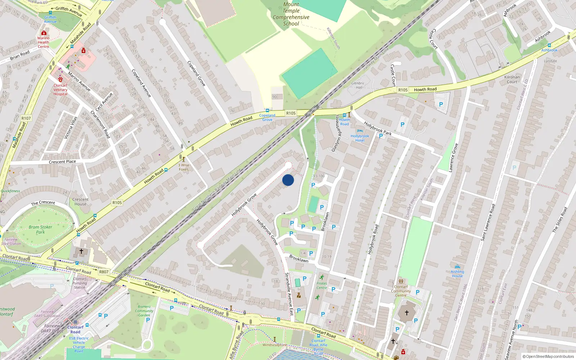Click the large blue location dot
tap(288, 180)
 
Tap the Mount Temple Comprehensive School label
tap(291, 14)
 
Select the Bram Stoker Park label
tap(40, 230)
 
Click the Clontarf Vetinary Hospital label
tap(60, 90)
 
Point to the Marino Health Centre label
tap(43, 42)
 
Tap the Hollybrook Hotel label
tap(360, 138)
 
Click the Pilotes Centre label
tap(321, 285)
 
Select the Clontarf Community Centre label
tap(401, 291)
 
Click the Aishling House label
tap(457, 274)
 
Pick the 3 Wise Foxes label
tap(184, 167)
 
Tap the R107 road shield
tap(26, 118)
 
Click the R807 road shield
tap(104, 272)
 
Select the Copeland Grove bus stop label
tap(267, 117)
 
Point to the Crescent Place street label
tap(62, 162)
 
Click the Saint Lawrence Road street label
tap(488, 222)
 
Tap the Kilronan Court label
tap(512, 79)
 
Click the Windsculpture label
tap(274, 345)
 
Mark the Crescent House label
tap(80, 202)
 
